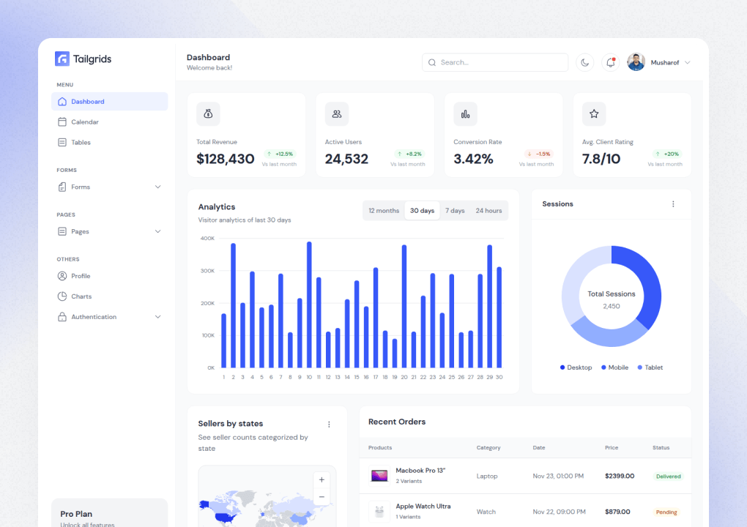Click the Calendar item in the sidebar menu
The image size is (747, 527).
(x=84, y=122)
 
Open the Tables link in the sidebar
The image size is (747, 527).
(x=81, y=143)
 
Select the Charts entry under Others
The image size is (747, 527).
(x=81, y=296)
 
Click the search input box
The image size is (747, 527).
(x=495, y=63)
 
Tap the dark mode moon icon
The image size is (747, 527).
(x=584, y=63)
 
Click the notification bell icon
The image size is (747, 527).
(x=610, y=63)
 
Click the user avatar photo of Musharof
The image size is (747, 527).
(x=636, y=63)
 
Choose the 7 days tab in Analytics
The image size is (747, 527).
(x=455, y=211)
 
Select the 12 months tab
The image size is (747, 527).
(x=384, y=211)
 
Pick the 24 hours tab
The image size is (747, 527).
(x=488, y=211)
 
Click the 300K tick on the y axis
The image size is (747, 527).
(x=207, y=271)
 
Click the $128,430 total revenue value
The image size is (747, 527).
(x=226, y=159)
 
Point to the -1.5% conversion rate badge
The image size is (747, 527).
(x=538, y=154)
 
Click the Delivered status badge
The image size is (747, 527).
(x=668, y=476)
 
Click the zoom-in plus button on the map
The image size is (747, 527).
(x=322, y=480)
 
